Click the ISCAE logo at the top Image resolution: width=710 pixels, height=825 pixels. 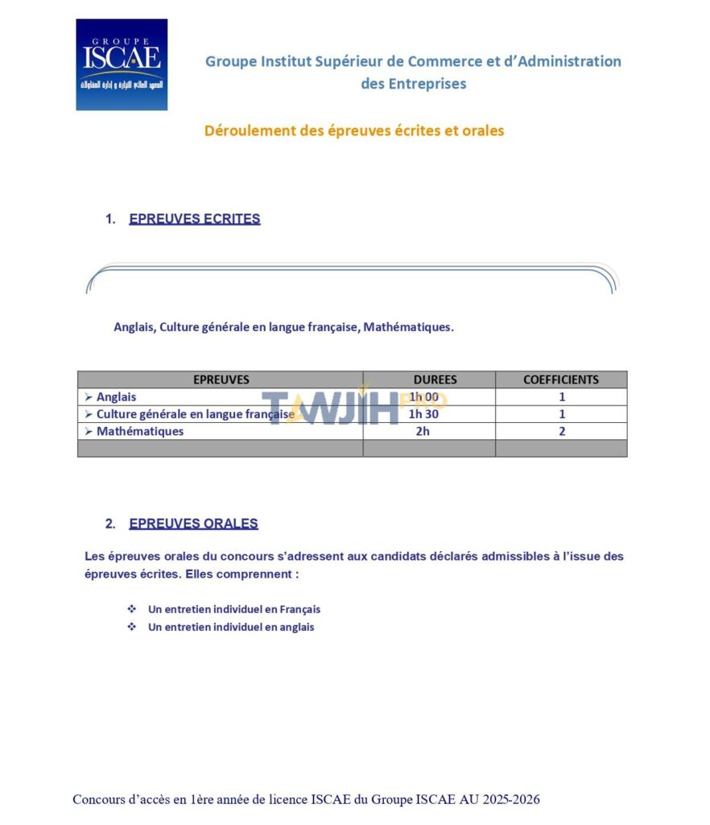tap(122, 64)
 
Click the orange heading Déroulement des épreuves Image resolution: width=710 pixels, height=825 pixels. tap(354, 131)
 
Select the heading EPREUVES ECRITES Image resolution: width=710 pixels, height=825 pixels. tap(194, 218)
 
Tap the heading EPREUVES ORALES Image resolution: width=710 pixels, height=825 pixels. tap(193, 524)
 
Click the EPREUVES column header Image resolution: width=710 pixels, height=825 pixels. tap(221, 379)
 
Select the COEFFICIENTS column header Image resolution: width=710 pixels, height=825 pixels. tap(561, 379)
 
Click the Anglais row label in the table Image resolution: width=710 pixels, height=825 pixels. tap(116, 397)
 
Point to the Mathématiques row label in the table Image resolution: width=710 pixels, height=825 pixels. tap(139, 431)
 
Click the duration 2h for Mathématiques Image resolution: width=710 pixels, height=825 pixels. tap(423, 431)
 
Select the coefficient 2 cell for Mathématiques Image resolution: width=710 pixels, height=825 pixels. tap(562, 431)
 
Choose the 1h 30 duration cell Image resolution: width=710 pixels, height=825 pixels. tap(423, 414)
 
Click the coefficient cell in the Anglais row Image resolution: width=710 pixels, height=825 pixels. tap(562, 397)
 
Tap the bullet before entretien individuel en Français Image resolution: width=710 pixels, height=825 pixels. tap(132, 609)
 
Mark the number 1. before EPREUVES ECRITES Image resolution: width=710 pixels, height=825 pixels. tap(110, 218)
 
